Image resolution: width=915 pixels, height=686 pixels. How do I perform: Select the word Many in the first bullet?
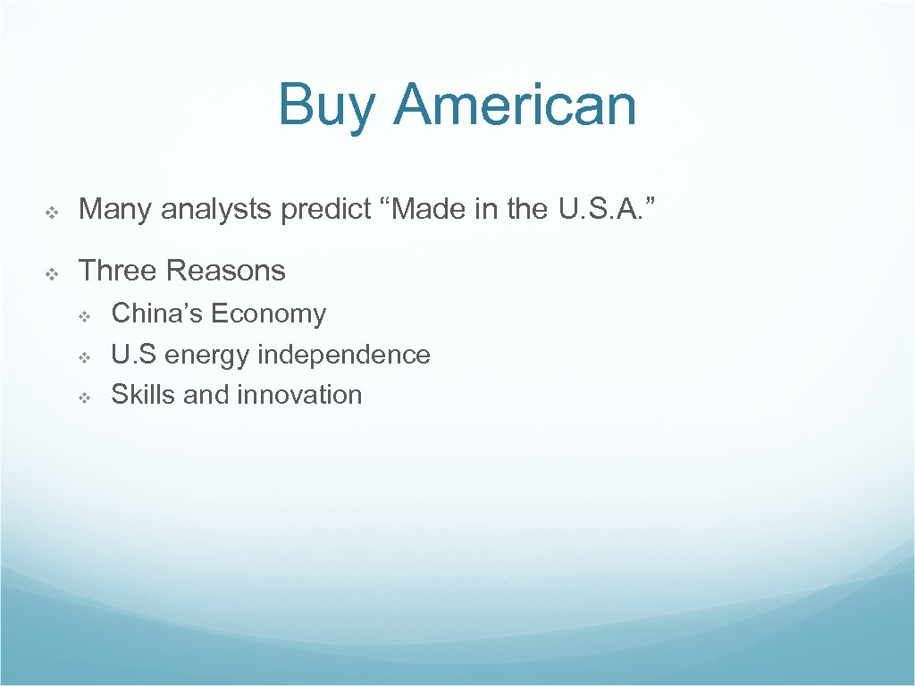click(113, 210)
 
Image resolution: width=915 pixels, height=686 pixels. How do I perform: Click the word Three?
click(118, 270)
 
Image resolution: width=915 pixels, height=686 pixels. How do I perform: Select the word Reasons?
click(226, 270)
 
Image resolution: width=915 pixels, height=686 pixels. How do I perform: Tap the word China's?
click(156, 314)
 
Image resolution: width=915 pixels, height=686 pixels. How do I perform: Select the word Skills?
click(143, 395)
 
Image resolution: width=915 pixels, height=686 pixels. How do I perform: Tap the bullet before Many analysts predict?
click(51, 213)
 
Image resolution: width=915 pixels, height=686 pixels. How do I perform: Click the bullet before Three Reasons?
click(51, 273)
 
